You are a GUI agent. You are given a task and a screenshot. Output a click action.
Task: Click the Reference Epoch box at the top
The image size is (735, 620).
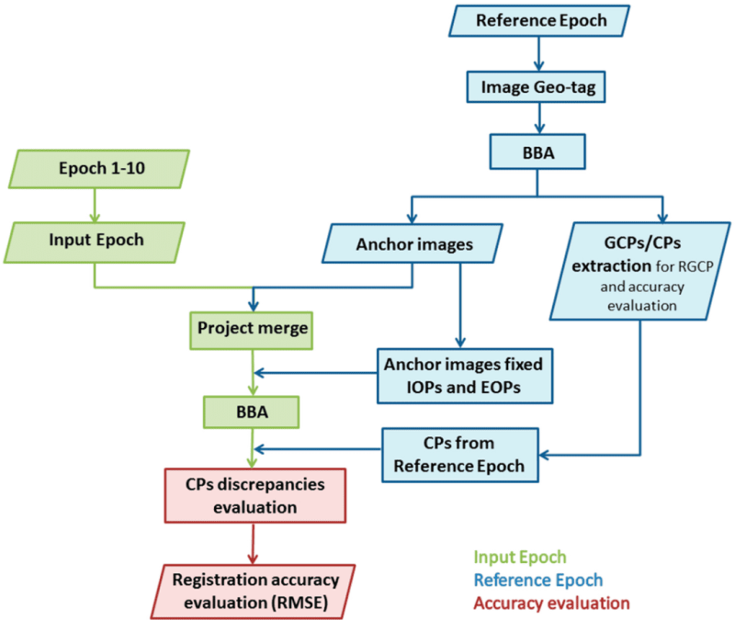[x=539, y=20]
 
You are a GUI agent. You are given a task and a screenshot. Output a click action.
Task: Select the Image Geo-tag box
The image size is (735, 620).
[x=536, y=87]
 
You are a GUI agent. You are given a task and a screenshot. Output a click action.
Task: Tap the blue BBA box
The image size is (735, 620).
[x=537, y=152]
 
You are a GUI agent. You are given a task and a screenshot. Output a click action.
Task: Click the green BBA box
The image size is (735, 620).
[x=251, y=411]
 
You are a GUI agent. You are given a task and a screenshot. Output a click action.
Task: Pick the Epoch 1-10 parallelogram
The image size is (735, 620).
[x=99, y=169]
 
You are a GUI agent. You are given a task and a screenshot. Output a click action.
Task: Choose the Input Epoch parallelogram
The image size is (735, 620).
[x=95, y=242]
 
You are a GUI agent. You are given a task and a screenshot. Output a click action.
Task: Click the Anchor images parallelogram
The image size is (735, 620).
[x=413, y=243]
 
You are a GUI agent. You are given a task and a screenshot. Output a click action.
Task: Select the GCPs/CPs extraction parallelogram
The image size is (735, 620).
[x=640, y=271]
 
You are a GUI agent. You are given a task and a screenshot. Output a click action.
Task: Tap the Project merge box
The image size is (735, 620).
[x=251, y=331]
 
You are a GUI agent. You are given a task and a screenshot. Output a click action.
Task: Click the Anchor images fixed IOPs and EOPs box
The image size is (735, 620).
[x=465, y=376]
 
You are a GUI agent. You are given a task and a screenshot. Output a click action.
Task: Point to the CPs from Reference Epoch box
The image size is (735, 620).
[x=460, y=455]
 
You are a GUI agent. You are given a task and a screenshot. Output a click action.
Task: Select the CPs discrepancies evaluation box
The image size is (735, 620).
[x=255, y=496]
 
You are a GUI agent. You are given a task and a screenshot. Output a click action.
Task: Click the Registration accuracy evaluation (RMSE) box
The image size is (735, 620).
[x=254, y=592]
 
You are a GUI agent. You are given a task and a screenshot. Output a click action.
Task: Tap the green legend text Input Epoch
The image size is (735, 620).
[x=520, y=558]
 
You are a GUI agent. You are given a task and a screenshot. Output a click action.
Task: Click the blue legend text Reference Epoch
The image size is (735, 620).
[x=538, y=581]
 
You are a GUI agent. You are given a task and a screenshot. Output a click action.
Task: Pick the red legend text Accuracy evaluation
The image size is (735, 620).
[x=552, y=603]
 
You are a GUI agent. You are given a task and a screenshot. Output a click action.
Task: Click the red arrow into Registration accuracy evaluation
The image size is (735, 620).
[x=254, y=544]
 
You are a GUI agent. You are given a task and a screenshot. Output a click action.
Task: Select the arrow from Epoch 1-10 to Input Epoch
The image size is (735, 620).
[x=95, y=205]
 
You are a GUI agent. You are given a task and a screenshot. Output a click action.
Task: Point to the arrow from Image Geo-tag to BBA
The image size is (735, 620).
[x=539, y=118]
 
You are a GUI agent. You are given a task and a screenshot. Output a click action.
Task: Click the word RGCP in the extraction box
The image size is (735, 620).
[x=695, y=266]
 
